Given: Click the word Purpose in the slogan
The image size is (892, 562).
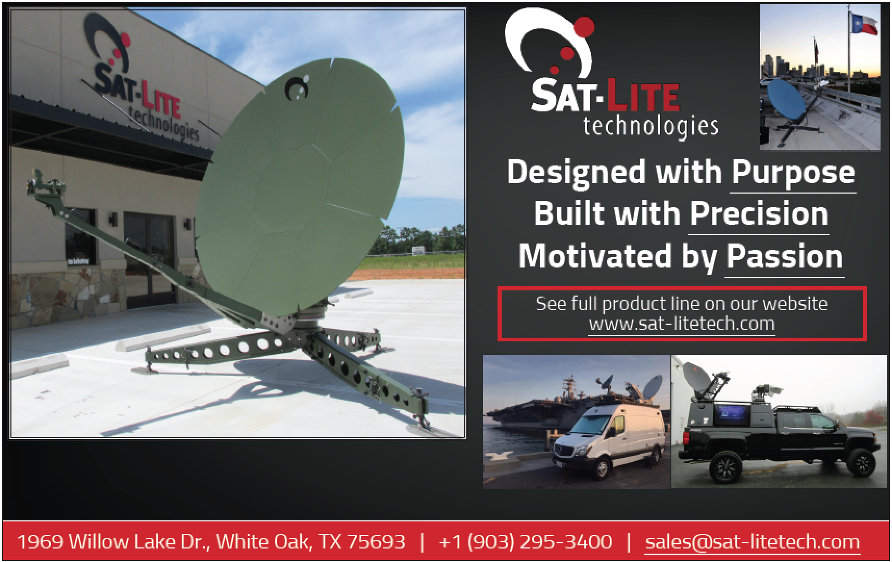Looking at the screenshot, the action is coord(793,173).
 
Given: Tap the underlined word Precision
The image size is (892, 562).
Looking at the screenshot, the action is coord(759,214).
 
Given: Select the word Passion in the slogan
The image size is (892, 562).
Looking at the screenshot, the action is coord(784,257).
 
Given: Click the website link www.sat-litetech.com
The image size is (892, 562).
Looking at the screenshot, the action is coord(682,324).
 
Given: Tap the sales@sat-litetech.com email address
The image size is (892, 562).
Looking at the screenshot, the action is coord(752,542).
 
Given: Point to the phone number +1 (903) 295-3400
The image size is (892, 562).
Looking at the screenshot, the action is coord(525,542).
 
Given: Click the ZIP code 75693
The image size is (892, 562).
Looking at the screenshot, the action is coord(376,542).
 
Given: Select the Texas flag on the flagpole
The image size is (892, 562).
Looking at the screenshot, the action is coord(864,23).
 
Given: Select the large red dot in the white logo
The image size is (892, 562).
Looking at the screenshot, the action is coord(583,28).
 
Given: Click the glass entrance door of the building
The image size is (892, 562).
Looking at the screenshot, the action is coord(149,259).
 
